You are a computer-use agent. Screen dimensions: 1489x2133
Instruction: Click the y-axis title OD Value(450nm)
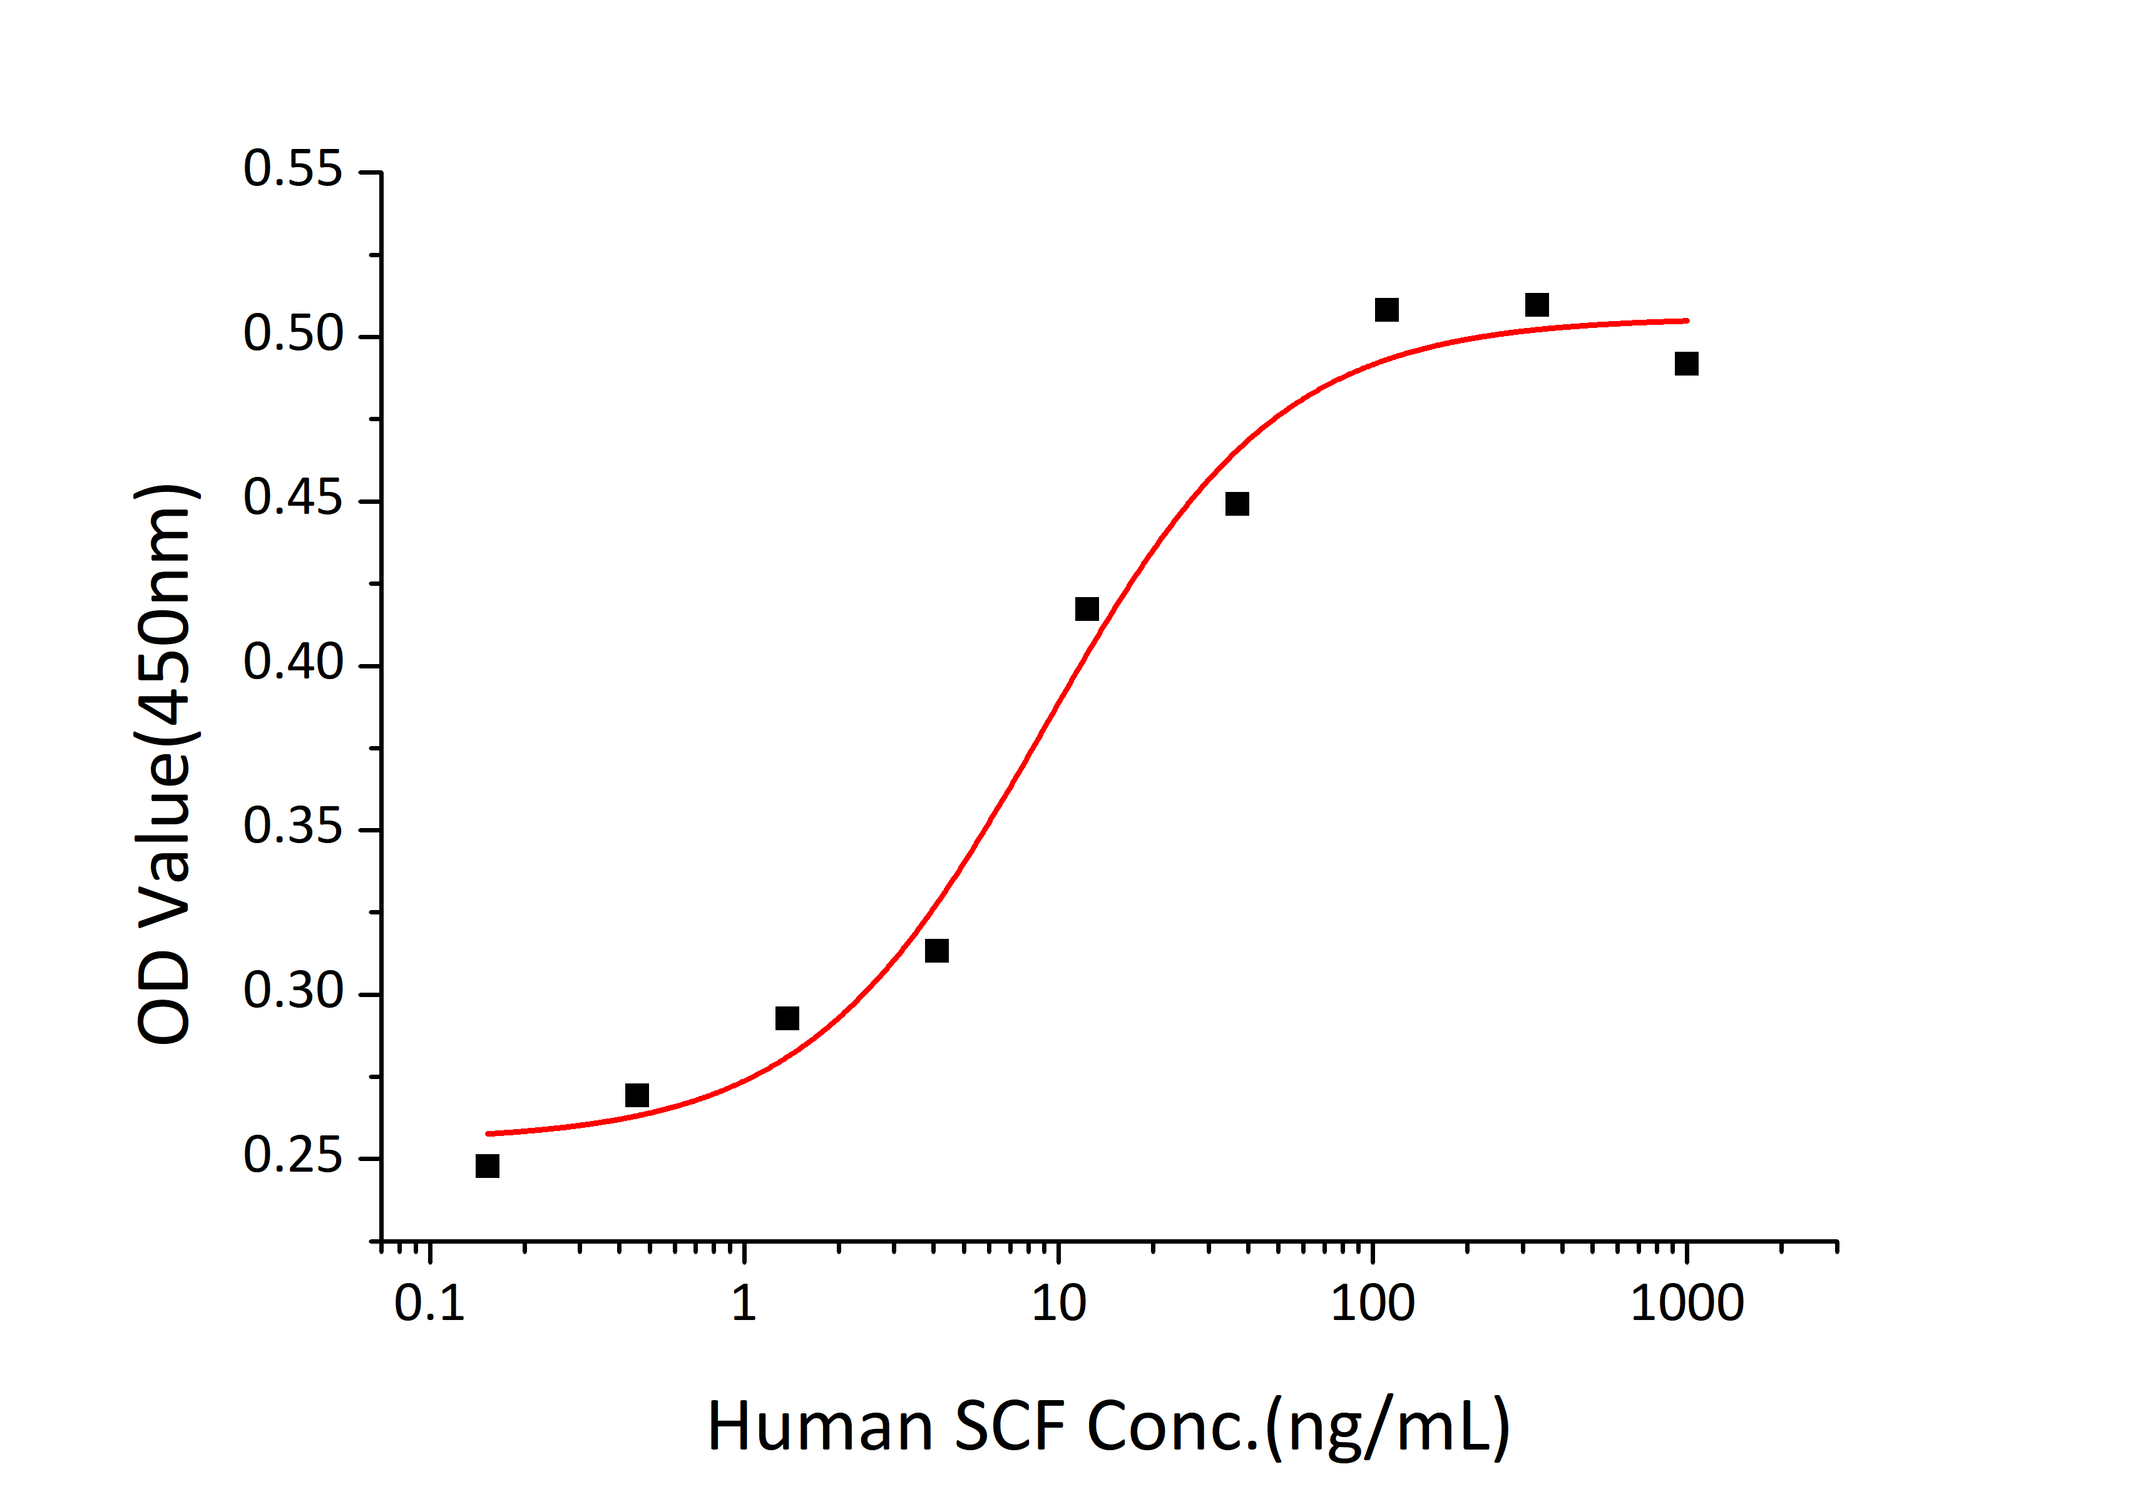165,764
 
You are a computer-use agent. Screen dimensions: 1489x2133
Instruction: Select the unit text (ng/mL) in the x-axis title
1388,1428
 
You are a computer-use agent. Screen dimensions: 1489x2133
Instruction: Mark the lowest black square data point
487,1166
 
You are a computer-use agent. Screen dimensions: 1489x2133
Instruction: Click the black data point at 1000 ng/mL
1686,363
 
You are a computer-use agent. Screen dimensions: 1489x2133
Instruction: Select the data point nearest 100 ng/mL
1386,309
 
